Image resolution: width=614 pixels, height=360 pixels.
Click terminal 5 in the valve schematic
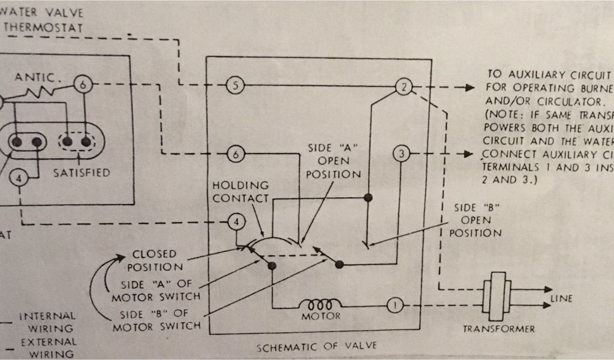[x=235, y=86]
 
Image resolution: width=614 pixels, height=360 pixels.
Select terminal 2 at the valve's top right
[x=404, y=87]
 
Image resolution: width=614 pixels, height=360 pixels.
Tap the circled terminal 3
[x=401, y=154]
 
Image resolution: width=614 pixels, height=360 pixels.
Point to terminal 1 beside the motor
[x=395, y=305]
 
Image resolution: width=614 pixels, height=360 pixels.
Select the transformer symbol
[x=496, y=292]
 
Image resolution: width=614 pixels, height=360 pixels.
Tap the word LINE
[x=561, y=298]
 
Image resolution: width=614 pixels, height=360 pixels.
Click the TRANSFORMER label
[x=498, y=329]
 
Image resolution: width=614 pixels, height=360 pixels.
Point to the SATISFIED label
[x=82, y=173]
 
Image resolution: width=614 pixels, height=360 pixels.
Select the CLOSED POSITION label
[x=154, y=260]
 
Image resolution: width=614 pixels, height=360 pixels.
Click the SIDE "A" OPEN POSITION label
[x=333, y=161]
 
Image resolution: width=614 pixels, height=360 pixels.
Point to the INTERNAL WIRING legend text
[x=48, y=322]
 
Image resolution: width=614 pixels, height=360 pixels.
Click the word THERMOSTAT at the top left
[x=43, y=28]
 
